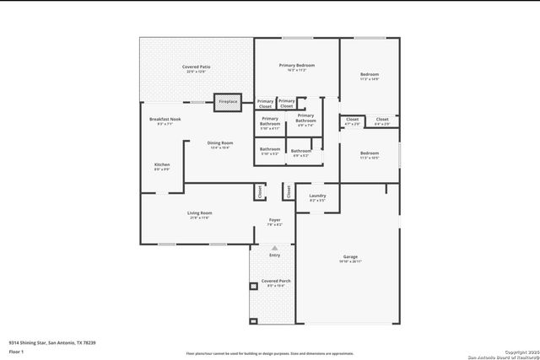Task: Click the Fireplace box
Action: tap(228, 101)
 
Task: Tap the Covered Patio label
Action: tap(196, 68)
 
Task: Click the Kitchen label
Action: tap(161, 166)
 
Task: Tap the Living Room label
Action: tap(199, 215)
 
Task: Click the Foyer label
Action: tap(274, 222)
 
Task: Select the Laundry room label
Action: tap(317, 197)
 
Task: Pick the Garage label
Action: tap(350, 258)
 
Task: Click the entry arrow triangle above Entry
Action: tap(274, 248)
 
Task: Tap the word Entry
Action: tap(274, 255)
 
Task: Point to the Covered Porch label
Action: tap(275, 282)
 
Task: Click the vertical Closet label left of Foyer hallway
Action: tap(260, 192)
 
